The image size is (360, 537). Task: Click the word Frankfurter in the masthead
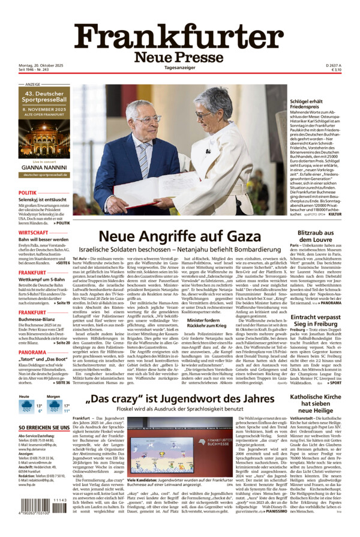pyautogui.click(x=180, y=37)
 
